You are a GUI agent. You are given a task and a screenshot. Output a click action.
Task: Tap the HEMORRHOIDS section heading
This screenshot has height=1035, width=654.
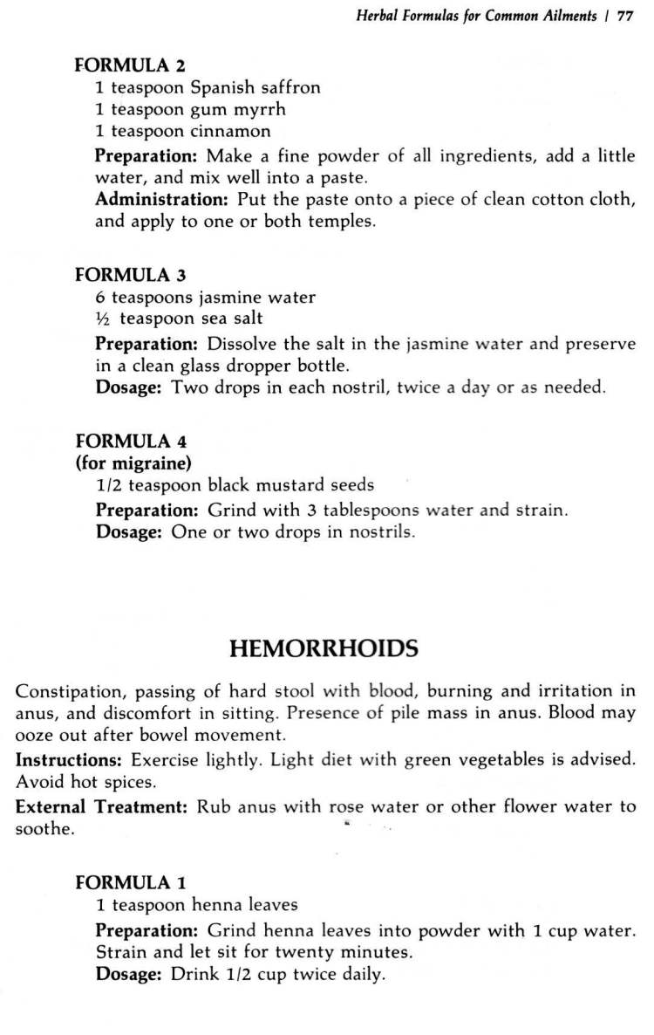pos(324,648)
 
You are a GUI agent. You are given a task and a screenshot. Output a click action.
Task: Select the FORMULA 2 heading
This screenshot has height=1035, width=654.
pos(130,65)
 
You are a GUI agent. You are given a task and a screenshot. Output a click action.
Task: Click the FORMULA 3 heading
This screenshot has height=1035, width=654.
pos(130,275)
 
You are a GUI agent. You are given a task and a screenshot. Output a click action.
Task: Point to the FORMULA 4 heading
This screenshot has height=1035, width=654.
pos(130,442)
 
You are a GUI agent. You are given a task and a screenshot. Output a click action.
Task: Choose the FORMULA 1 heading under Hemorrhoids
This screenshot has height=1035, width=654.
pos(130,882)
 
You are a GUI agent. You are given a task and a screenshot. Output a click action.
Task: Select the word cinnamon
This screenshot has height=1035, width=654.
pos(230,131)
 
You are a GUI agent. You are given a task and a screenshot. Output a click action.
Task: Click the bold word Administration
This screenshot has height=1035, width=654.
pos(153,199)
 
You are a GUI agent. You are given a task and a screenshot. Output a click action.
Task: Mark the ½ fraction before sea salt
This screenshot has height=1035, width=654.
pos(103,319)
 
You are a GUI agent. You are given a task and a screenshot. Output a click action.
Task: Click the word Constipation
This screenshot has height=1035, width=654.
pos(67,692)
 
